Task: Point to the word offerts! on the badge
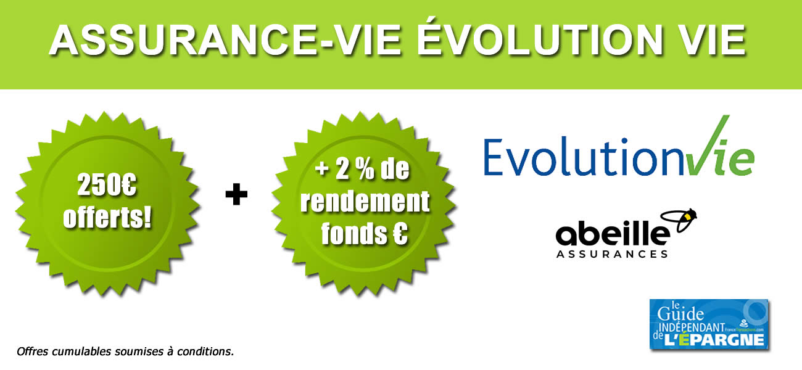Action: tap(108, 218)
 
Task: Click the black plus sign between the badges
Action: tap(236, 195)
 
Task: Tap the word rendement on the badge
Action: tap(365, 202)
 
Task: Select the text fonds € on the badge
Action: tap(365, 235)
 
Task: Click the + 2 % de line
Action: tap(365, 170)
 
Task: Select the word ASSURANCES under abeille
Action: tap(612, 253)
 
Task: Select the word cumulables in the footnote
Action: tap(77, 353)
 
